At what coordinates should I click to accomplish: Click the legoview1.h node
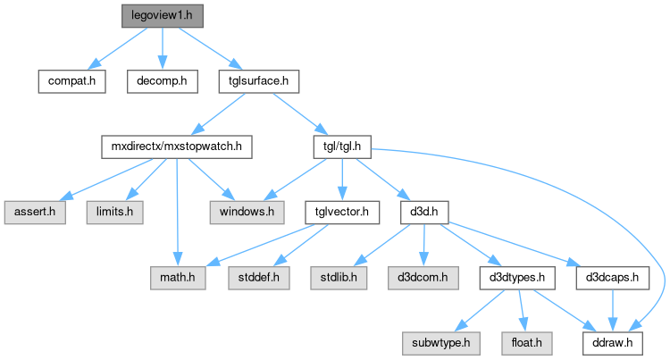[x=161, y=16]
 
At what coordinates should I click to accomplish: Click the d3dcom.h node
[x=422, y=278]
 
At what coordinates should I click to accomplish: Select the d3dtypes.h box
[x=518, y=278]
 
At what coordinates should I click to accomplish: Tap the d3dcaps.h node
[x=612, y=278]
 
